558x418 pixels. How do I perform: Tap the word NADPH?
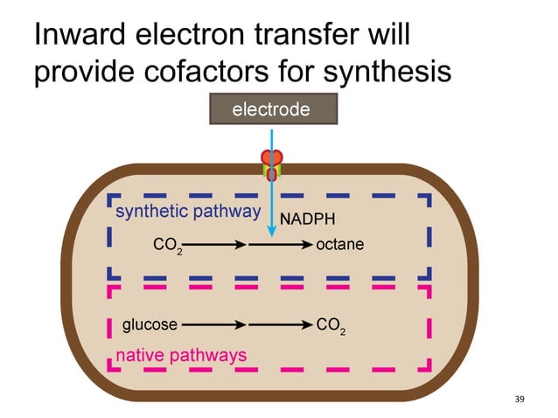point(307,219)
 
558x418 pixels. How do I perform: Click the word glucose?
point(150,324)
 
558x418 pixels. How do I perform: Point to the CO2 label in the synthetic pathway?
point(167,247)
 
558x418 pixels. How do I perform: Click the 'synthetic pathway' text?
point(188,212)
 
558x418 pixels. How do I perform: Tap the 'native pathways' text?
point(181,355)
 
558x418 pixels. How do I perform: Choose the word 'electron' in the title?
point(197,36)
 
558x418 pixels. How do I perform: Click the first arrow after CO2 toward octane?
point(214,246)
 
